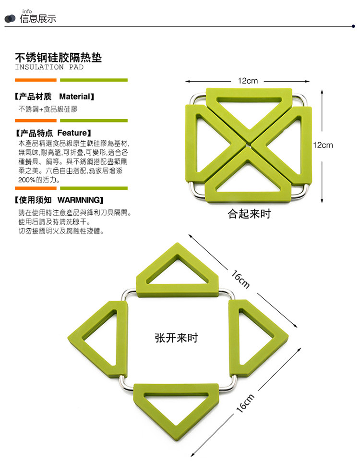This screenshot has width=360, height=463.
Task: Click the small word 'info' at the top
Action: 27,11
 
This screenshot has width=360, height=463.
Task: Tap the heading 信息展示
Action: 38,19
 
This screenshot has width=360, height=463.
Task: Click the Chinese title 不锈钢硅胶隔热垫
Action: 58,58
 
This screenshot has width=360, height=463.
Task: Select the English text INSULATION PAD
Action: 49,67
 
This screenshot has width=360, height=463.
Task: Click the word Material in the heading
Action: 74,97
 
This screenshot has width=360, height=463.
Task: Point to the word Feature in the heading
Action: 72,132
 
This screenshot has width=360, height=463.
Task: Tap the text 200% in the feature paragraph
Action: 27,180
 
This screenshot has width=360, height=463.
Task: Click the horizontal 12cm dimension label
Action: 248,81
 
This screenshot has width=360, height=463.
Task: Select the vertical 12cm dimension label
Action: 323,145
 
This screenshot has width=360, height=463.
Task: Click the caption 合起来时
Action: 249,214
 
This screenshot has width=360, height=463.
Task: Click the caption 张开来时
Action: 177,338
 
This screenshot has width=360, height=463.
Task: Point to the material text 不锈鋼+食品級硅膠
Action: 48,109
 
